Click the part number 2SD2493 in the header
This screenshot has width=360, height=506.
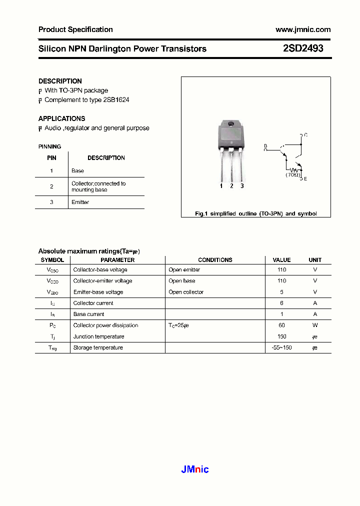coord(303,48)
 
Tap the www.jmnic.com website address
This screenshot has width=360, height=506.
coord(303,29)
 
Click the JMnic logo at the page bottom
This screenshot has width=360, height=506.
coord(194,469)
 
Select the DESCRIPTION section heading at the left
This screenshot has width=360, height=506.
coord(60,81)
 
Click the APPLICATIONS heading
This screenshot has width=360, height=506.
coord(61,118)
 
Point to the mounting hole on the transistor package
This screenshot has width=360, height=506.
coord(230,124)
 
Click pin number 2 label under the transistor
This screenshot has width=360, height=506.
coord(231,186)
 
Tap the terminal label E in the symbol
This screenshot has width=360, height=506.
coord(305,178)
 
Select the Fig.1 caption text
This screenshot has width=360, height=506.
coord(255,213)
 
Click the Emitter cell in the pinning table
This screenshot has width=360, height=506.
coord(80,202)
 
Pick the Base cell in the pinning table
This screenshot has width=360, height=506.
coord(77,170)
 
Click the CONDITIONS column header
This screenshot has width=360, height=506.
coord(215,260)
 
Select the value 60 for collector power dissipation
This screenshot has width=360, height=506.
coord(281,325)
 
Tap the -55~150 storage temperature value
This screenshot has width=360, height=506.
coord(281,347)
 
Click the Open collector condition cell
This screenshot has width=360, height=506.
coord(186,292)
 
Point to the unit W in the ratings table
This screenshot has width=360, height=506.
coord(315,325)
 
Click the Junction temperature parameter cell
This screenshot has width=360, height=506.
coord(98,336)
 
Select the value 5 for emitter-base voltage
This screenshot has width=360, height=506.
coord(281,292)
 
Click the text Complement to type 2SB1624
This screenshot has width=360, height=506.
coord(86,100)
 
